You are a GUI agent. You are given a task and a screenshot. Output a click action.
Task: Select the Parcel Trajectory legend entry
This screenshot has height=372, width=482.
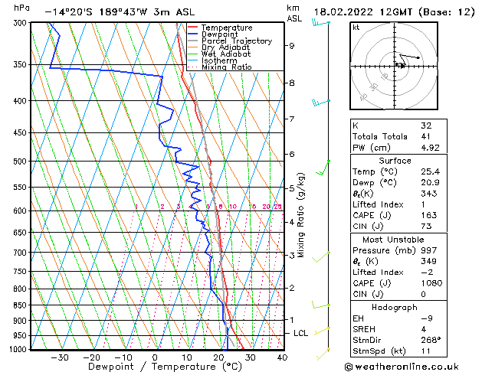click(x=236, y=41)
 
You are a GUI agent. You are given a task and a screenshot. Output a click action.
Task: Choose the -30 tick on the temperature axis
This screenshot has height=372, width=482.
click(x=60, y=357)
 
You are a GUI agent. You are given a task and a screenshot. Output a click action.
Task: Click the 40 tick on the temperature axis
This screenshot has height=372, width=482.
click(x=282, y=357)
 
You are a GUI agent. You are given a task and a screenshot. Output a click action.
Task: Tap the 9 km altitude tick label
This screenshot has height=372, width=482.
click(x=291, y=46)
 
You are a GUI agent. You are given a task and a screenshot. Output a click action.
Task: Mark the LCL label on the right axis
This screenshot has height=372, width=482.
click(x=301, y=334)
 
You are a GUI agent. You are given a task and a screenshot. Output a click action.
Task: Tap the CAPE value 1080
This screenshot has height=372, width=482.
click(x=430, y=284)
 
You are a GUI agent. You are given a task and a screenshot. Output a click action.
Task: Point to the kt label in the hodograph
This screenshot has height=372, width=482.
click(x=356, y=28)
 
